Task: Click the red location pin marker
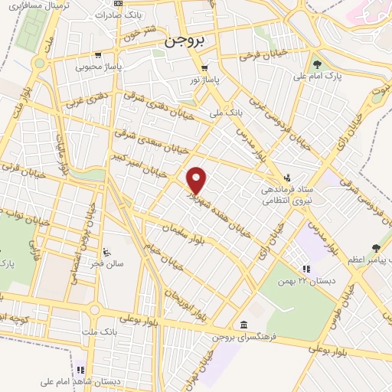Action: click(x=197, y=179)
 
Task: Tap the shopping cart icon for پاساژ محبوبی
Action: click(x=98, y=55)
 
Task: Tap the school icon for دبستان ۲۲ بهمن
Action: click(x=305, y=269)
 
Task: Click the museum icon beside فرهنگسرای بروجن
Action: click(x=243, y=323)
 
